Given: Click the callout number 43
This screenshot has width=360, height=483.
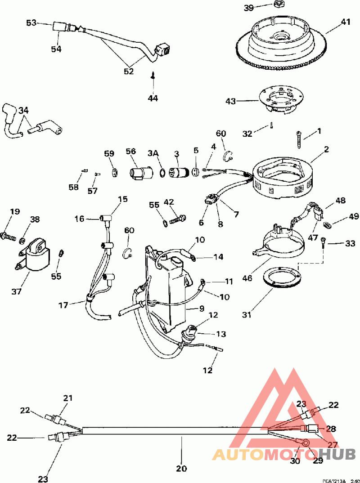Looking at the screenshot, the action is (x=230, y=102).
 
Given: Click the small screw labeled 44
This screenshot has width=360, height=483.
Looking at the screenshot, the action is (x=153, y=77).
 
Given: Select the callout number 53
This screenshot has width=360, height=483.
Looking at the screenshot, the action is (x=31, y=22).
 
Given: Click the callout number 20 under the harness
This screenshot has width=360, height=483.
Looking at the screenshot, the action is (x=181, y=468).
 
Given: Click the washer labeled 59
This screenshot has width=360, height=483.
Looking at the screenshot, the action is (x=114, y=172).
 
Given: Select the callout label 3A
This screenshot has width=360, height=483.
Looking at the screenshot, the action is (x=153, y=153).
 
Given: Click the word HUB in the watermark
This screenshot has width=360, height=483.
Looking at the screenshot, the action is (x=341, y=454).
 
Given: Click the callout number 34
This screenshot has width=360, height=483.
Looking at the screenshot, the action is (x=23, y=110).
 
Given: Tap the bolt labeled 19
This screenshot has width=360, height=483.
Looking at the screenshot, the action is (x=9, y=234).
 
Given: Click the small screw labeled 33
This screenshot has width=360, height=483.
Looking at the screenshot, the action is (x=323, y=243).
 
